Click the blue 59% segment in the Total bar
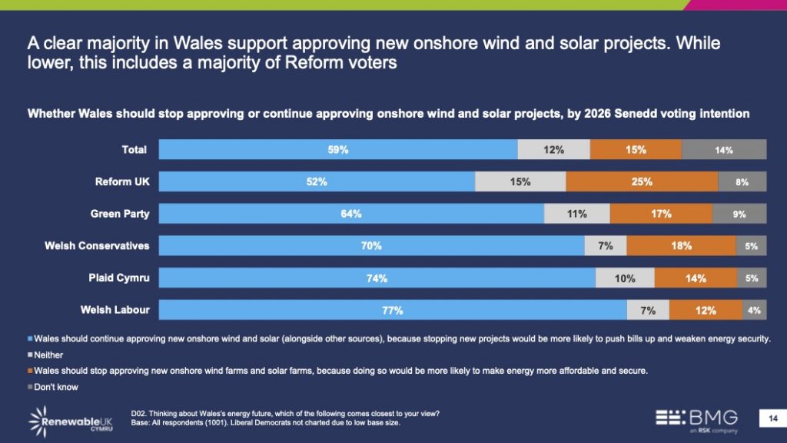338,150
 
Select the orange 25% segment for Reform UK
642,182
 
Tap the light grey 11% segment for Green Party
576,214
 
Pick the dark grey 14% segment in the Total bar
723,150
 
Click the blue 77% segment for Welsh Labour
393,311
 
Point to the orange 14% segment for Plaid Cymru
696,278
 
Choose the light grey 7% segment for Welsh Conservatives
605,246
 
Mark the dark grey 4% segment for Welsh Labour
754,311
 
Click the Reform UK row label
122,182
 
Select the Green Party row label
121,214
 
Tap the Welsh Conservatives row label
97,246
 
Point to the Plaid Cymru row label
118,278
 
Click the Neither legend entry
48,355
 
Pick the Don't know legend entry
55,387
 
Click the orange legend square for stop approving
31,371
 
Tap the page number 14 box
770,418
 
